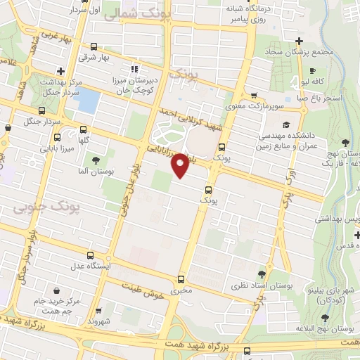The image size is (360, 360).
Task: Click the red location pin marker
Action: tap(180, 165)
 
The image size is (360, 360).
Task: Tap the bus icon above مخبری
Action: tap(181, 279)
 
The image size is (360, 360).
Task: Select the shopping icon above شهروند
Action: tap(99, 310)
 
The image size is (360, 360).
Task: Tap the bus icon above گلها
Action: tap(84, 129)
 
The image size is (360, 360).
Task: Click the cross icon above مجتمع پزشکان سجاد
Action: tap(300, 41)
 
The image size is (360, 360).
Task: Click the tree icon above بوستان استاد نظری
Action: tap(262, 274)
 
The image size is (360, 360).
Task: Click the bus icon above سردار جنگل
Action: tap(42, 111)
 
